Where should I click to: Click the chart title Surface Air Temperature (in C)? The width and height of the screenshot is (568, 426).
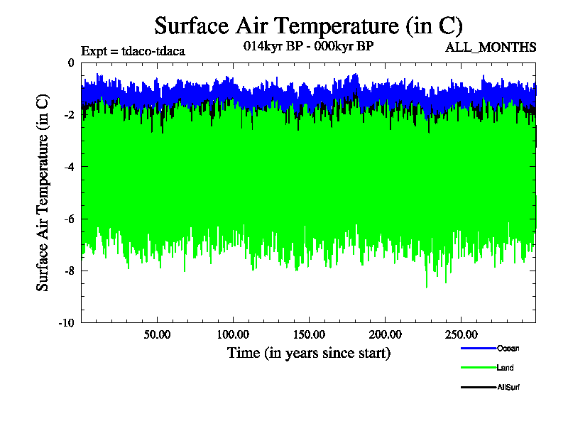pyautogui.click(x=308, y=26)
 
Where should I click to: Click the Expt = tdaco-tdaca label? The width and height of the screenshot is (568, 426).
pyautogui.click(x=133, y=51)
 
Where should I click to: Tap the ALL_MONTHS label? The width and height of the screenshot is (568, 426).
pyautogui.click(x=490, y=48)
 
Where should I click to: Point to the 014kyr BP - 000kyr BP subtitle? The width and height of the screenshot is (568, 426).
pyautogui.click(x=308, y=45)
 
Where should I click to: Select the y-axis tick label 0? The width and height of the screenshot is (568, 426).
pyautogui.click(x=70, y=62)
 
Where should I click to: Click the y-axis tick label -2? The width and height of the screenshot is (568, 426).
pyautogui.click(x=68, y=115)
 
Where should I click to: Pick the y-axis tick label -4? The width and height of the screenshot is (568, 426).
pyautogui.click(x=68, y=167)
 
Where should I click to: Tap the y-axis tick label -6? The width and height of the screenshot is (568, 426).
pyautogui.click(x=68, y=219)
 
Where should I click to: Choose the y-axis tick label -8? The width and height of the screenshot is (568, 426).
pyautogui.click(x=68, y=271)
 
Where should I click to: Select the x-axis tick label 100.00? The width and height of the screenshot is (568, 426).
pyautogui.click(x=231, y=334)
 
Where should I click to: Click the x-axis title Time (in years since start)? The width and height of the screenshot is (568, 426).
pyautogui.click(x=308, y=352)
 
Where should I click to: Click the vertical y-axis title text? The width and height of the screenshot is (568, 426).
pyautogui.click(x=43, y=192)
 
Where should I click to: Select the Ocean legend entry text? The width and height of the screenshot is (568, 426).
pyautogui.click(x=508, y=348)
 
